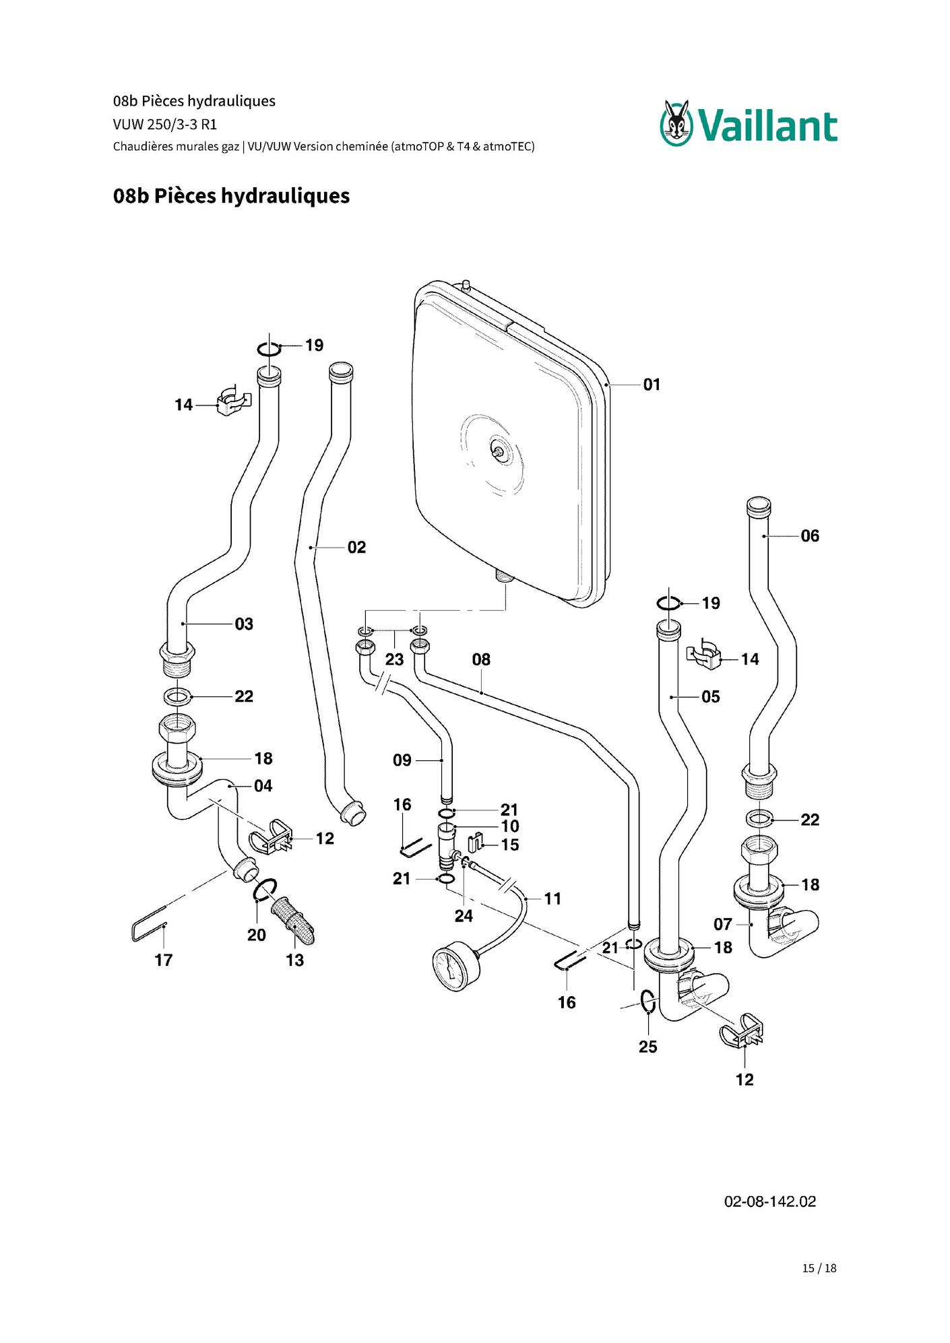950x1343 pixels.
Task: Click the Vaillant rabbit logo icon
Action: click(x=676, y=123)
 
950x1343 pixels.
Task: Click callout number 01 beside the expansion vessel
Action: click(x=652, y=385)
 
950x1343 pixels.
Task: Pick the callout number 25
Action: click(x=647, y=1047)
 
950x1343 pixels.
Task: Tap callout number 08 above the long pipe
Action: click(x=481, y=659)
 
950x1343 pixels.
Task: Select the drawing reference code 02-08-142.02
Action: click(x=769, y=1202)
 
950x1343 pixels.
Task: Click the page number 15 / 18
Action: click(x=819, y=1268)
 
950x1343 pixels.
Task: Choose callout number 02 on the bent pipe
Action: click(x=356, y=548)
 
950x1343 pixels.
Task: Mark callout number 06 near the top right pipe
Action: click(x=810, y=536)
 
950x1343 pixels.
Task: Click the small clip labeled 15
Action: click(x=476, y=842)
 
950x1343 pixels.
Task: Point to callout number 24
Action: click(x=464, y=916)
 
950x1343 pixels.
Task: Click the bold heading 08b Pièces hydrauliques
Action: click(x=231, y=196)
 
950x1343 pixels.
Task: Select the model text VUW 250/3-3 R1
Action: click(x=165, y=125)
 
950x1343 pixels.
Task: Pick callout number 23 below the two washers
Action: click(x=394, y=659)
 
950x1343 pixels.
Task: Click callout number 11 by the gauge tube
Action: click(x=552, y=898)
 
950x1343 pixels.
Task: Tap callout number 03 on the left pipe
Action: click(x=244, y=624)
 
